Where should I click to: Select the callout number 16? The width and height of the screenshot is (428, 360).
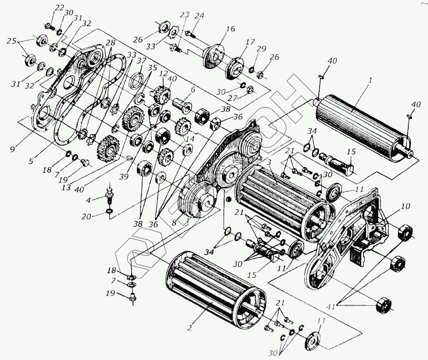coord(231,29)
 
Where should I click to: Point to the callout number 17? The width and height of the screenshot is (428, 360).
coord(248,43)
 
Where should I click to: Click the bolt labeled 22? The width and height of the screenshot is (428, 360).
coord(49,26)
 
